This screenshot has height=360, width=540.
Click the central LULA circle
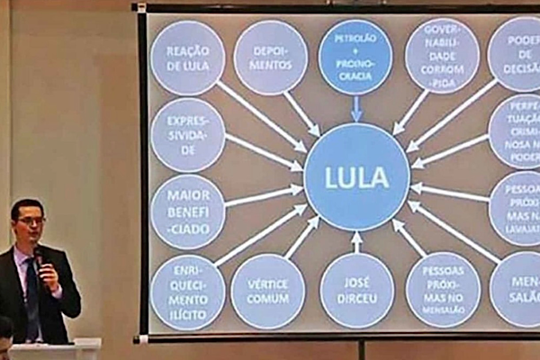(x=356, y=177)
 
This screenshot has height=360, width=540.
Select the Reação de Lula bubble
(x=187, y=58)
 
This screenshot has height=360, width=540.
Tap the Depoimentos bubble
(x=270, y=58)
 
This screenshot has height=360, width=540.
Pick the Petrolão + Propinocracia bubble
(x=355, y=56)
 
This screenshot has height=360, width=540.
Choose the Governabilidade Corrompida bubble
(x=441, y=56)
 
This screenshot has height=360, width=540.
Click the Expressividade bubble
(x=187, y=135)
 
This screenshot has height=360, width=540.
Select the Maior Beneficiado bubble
(x=187, y=211)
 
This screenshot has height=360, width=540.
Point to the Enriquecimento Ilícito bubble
(x=187, y=291)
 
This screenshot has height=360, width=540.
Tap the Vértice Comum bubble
(x=268, y=291)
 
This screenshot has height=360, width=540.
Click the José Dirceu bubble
(x=356, y=291)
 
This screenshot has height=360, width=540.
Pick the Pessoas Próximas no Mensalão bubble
(x=442, y=290)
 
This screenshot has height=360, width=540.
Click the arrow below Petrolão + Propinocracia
(x=356, y=109)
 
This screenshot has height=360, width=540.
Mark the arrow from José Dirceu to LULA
(x=356, y=241)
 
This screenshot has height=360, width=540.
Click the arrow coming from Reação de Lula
(x=261, y=115)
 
